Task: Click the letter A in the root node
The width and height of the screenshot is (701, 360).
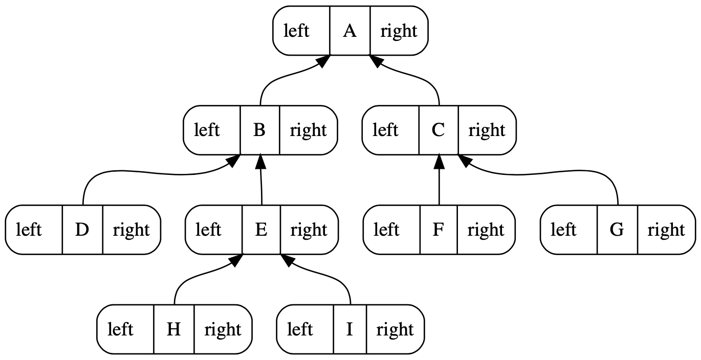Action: tap(349, 31)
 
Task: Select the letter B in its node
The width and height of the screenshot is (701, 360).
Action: tap(259, 130)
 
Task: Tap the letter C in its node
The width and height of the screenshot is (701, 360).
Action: tap(438, 130)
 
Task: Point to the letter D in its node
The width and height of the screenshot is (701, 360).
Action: tap(82, 230)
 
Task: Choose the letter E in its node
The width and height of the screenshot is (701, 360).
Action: tap(261, 230)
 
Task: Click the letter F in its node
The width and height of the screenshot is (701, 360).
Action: tap(438, 230)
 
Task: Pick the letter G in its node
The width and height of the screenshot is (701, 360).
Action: tap(617, 230)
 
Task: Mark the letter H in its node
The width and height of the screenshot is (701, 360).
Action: tap(173, 329)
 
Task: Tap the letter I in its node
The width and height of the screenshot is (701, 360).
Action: tap(349, 329)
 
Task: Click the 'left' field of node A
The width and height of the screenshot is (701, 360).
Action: tap(296, 31)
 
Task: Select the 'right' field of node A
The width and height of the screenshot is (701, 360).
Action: tap(399, 31)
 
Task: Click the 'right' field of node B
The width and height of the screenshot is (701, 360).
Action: tap(308, 130)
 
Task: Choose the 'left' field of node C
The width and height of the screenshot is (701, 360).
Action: tap(385, 130)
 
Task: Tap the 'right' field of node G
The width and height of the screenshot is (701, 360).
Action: tap(666, 230)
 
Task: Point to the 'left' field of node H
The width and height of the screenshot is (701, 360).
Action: tap(120, 329)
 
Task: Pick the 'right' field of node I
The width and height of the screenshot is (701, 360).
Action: tap(395, 329)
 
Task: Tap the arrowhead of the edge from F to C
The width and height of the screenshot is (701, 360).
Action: tap(439, 162)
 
